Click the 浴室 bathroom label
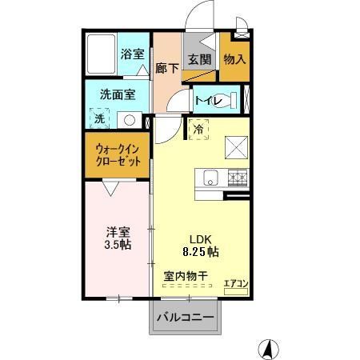133,54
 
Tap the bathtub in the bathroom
101,54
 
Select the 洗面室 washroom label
117,94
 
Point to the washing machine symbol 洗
100,118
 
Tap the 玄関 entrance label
198,59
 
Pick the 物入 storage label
234,59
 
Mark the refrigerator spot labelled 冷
197,126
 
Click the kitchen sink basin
211,177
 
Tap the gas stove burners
237,177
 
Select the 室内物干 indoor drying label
186,276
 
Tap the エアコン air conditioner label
235,282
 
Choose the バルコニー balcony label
185,318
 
